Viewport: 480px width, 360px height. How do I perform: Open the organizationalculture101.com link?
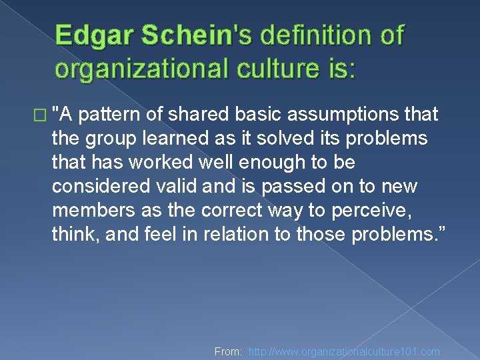(344, 351)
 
